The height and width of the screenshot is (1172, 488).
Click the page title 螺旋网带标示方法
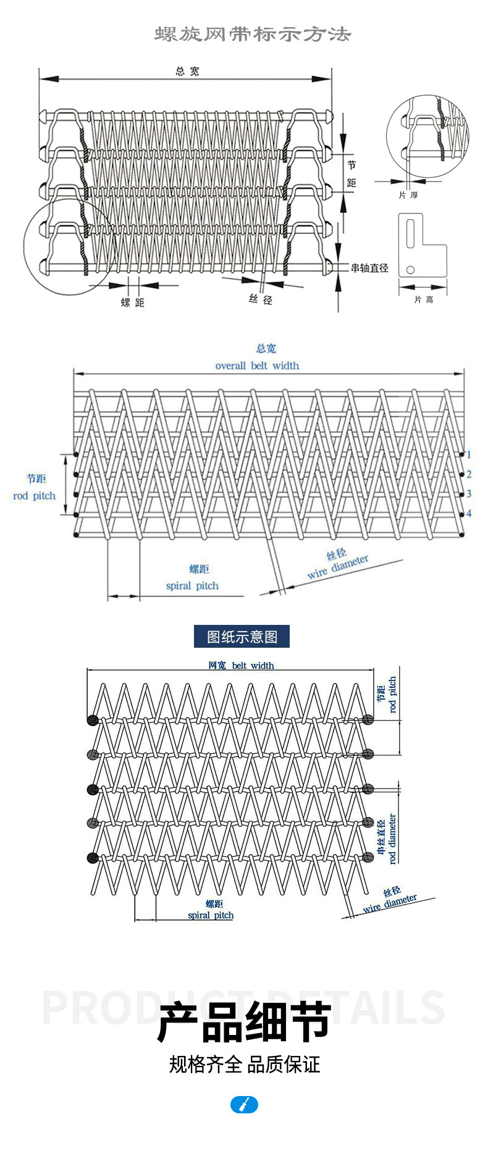click(252, 35)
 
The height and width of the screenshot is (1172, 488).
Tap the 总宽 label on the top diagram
click(187, 72)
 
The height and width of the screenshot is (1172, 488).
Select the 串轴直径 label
click(369, 268)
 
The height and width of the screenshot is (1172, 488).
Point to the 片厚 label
click(408, 195)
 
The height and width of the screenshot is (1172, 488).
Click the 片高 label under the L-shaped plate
click(424, 299)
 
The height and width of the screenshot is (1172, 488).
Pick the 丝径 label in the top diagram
click(261, 299)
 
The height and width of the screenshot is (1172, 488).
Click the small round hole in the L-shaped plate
click(410, 269)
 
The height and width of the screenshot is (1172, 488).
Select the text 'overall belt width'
click(257, 366)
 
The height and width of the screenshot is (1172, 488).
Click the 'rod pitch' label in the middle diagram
click(34, 496)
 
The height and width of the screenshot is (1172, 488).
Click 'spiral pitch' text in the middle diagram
click(192, 586)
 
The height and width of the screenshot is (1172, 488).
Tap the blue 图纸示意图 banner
click(242, 637)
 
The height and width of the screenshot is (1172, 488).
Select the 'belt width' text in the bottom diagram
click(253, 666)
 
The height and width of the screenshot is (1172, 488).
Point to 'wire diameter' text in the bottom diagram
click(390, 903)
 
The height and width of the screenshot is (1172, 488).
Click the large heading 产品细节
click(244, 1022)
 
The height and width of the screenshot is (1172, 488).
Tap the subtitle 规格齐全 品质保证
click(244, 1065)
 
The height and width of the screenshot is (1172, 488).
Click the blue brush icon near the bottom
click(244, 1105)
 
